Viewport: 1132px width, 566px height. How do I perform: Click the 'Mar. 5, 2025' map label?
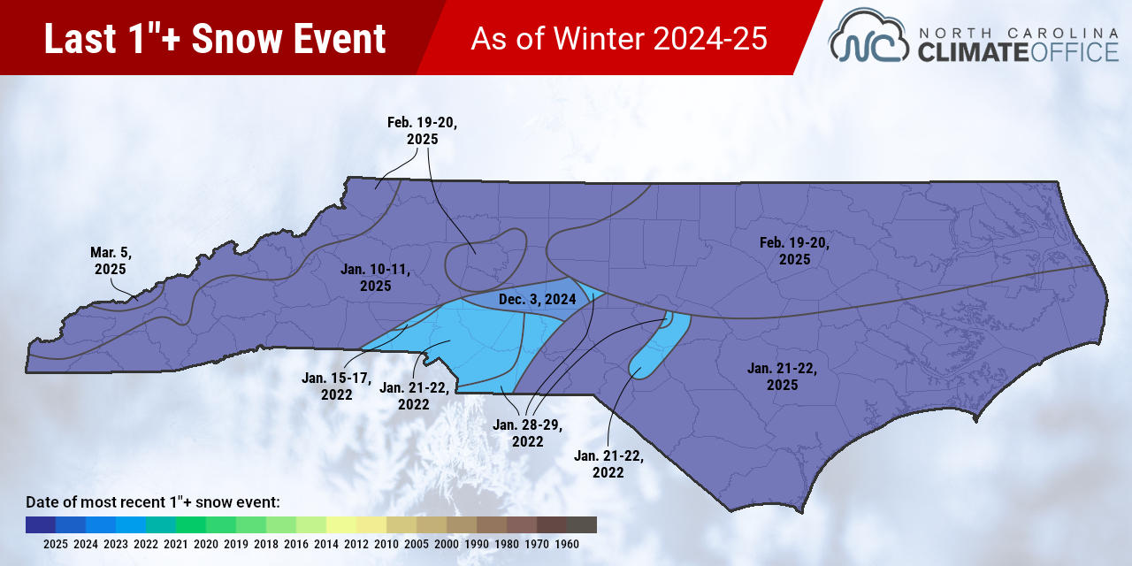pos(111,261)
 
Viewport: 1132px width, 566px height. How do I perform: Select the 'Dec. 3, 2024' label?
pos(538,300)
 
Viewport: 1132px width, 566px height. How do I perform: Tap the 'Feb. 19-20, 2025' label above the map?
pos(423,131)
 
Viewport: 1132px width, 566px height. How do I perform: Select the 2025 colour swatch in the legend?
pos(41,524)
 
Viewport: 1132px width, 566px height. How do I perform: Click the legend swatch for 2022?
pos(131,524)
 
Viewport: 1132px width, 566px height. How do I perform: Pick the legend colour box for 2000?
pos(462,524)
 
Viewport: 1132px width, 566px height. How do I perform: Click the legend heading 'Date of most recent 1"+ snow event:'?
pos(153,502)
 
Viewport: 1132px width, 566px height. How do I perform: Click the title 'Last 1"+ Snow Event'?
pos(215,39)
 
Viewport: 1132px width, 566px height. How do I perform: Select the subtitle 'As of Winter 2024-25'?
pos(619,39)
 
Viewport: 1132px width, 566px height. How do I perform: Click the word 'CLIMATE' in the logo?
pos(973,52)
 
